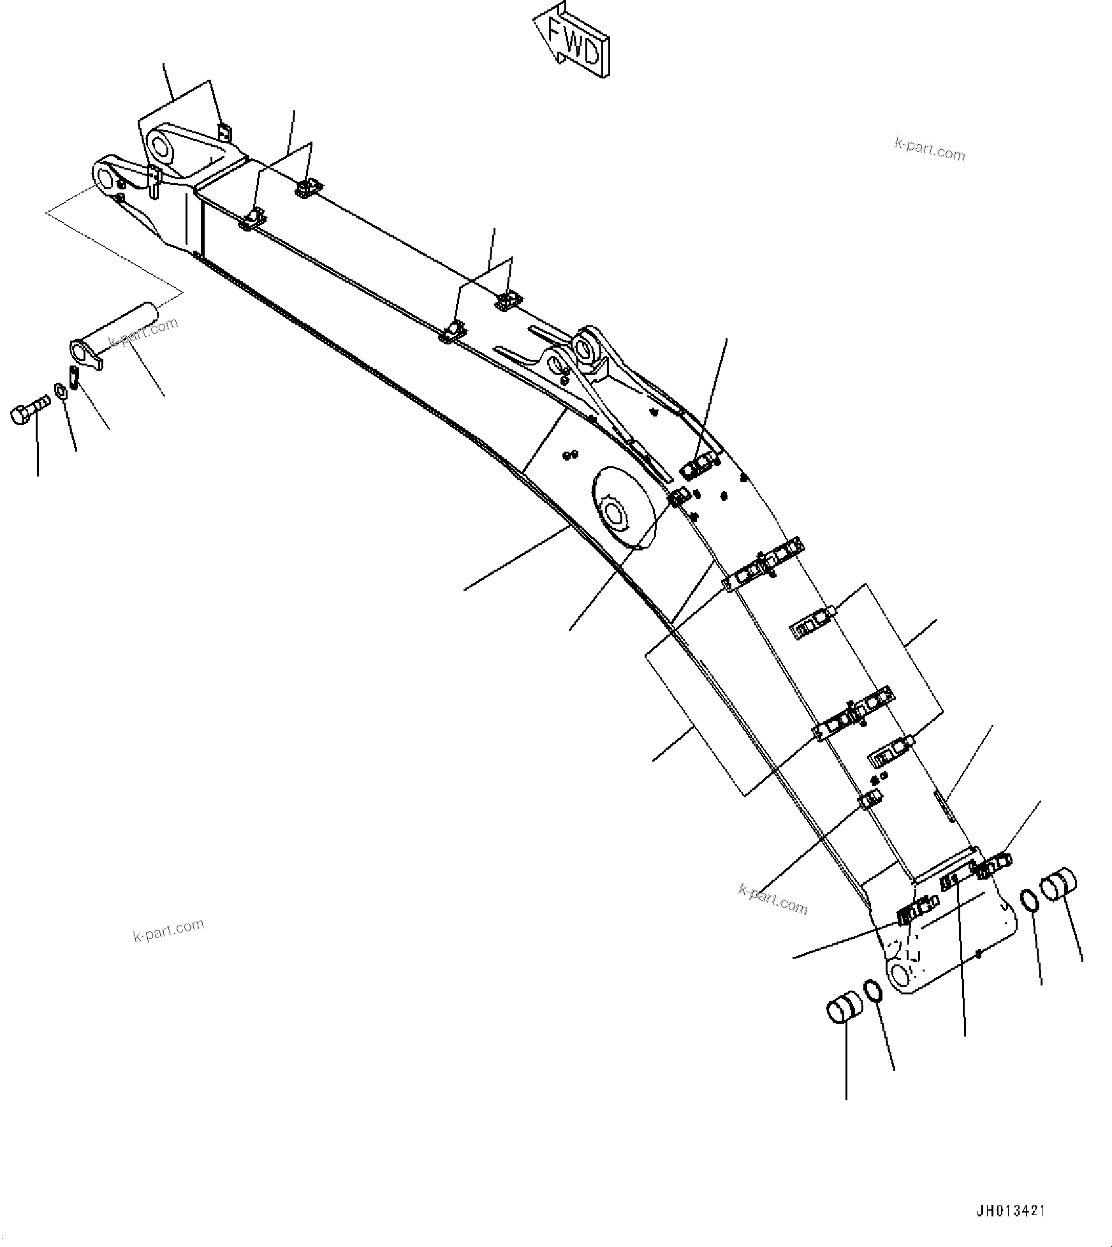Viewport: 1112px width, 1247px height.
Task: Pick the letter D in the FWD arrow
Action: (x=591, y=53)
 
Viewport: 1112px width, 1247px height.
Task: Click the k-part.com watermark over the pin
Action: (x=143, y=333)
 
